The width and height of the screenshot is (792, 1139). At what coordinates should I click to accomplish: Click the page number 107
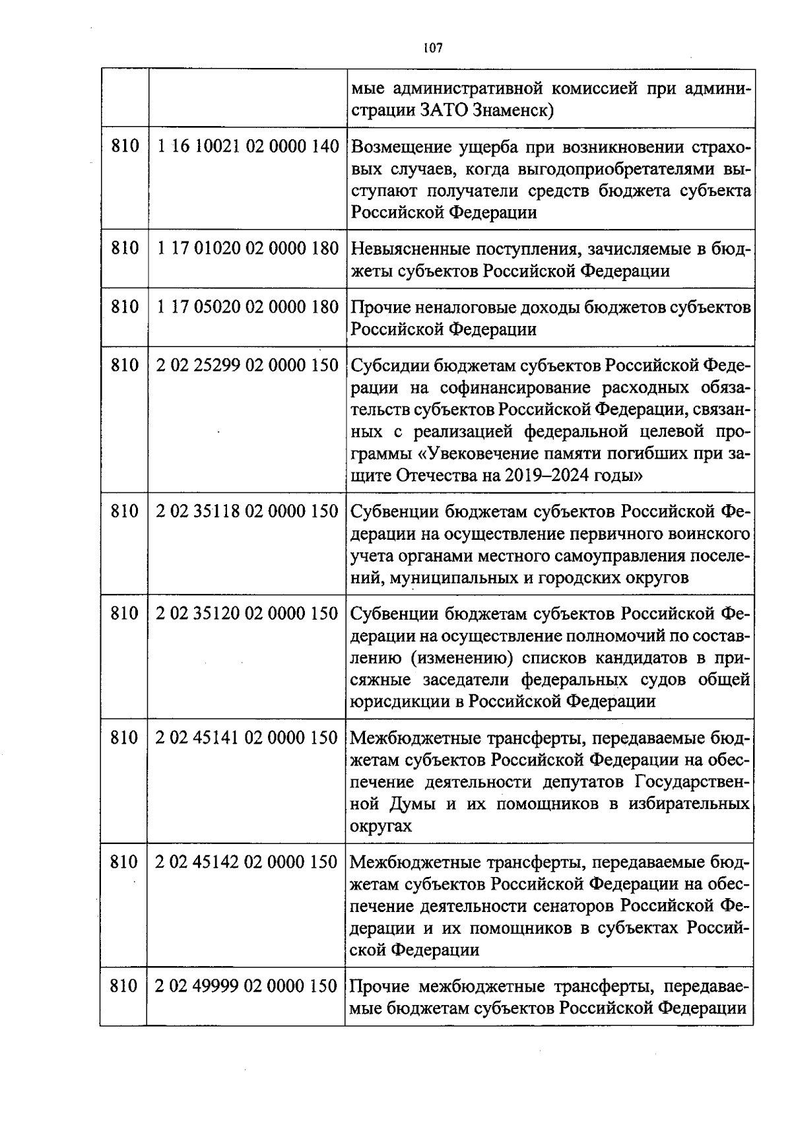(x=433, y=48)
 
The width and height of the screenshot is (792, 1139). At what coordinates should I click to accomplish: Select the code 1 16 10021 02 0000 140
(x=248, y=146)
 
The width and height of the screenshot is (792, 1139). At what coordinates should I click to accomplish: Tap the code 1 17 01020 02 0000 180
(x=248, y=249)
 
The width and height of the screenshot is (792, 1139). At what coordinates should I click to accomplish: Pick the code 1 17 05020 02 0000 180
(x=248, y=307)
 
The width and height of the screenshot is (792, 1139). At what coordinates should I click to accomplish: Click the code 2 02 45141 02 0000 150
(x=247, y=738)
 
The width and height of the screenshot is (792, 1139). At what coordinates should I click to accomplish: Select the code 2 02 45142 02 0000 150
(x=247, y=862)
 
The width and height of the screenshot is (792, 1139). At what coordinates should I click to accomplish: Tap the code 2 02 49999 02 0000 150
(x=246, y=986)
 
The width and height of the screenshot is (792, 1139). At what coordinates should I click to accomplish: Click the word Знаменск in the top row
(x=511, y=110)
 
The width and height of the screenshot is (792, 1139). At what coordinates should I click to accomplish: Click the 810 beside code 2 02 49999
(x=123, y=986)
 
